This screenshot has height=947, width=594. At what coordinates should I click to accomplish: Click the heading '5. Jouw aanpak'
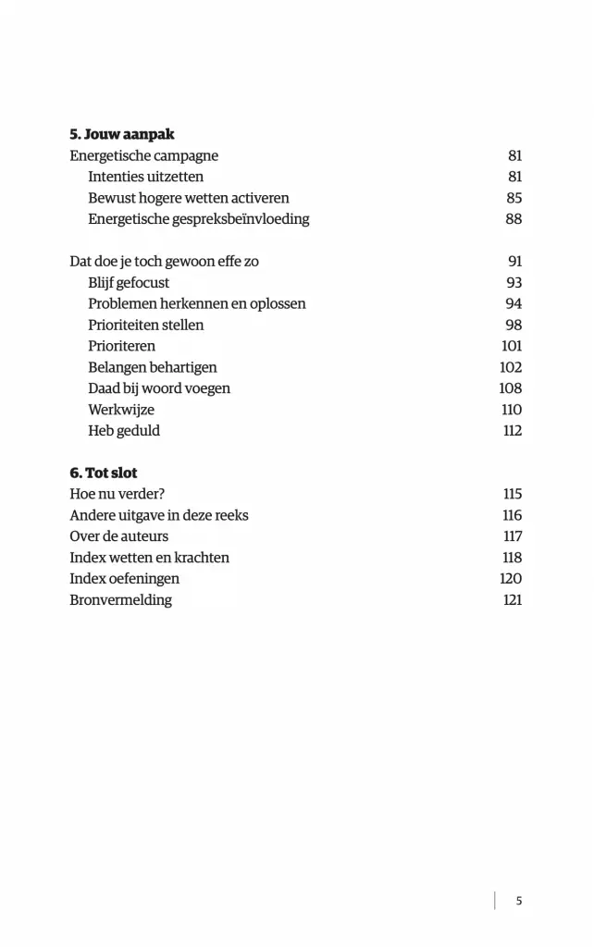point(122,135)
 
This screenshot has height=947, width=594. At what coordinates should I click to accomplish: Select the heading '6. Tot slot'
point(104,473)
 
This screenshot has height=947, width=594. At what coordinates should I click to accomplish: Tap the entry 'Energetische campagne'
point(144,156)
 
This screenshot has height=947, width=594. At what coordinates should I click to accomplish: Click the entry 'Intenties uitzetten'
point(146,178)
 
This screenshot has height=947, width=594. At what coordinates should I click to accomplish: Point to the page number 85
point(514,199)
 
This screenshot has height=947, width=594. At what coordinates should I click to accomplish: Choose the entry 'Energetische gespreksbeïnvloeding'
point(199,220)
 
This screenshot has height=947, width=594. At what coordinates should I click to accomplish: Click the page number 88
point(514,220)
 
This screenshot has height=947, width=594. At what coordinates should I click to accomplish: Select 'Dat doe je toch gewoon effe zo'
point(165,262)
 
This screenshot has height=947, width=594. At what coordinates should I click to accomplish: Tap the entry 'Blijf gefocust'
point(129,283)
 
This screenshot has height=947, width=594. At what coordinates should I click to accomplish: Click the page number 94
point(514,304)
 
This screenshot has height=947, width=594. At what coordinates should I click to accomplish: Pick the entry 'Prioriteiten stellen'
point(146,326)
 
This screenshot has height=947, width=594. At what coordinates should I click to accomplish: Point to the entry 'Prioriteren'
point(122,347)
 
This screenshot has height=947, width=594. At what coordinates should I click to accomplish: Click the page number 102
point(511,368)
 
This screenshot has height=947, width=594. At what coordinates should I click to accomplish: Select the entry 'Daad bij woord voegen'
point(159,389)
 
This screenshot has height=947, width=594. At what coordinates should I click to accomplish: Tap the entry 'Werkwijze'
point(121,411)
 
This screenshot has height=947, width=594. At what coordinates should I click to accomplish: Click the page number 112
point(512,432)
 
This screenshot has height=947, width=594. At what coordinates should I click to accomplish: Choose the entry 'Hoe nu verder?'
point(118,495)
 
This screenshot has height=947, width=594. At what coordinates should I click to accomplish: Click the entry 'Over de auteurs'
point(119,537)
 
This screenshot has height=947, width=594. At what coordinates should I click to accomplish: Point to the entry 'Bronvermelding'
point(121,601)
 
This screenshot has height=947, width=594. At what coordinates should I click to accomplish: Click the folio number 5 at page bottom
point(519,901)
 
